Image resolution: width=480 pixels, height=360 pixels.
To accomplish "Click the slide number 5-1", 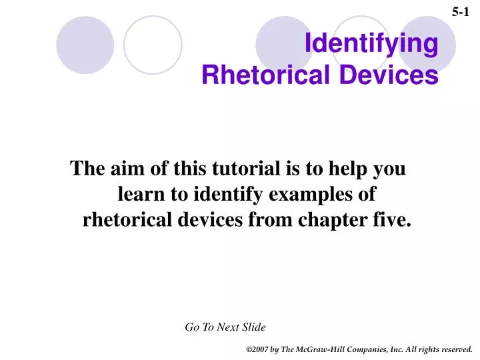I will [x=461, y=11].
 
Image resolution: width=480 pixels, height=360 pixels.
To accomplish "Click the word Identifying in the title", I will [x=371, y=45].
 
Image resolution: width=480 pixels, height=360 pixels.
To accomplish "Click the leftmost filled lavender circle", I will [x=85, y=45].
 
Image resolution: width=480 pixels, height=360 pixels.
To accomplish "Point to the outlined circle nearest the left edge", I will [x=153, y=45].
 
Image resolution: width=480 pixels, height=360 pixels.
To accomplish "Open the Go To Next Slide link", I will [x=225, y=327].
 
